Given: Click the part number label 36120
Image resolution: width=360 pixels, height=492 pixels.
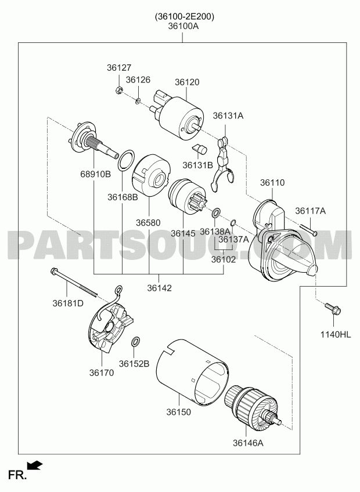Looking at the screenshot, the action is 187,82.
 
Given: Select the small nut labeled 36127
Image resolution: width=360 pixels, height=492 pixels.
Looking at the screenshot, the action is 118,89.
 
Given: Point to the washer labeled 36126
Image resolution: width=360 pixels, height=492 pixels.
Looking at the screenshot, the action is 138,101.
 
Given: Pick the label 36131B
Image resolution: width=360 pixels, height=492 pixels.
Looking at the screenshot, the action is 197,165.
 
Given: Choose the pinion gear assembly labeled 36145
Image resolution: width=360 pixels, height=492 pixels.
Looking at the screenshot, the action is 188,197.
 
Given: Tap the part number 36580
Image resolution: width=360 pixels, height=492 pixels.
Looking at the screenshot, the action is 148,223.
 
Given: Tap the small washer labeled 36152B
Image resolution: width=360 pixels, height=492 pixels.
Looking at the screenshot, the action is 135,342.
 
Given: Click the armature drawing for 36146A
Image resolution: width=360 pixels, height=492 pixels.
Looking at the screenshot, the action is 254,408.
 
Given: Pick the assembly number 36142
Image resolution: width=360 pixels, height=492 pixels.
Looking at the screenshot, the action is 159,288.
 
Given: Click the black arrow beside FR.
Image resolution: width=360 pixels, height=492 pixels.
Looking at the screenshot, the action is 35,465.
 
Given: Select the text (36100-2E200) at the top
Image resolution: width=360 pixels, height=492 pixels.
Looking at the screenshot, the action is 185,17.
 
